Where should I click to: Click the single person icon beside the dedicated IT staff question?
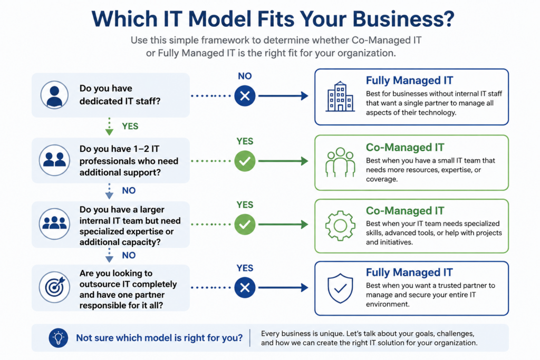[x=54, y=95]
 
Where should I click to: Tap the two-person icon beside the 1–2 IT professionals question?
[x=54, y=160]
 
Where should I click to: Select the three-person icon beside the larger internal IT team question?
[x=54, y=223]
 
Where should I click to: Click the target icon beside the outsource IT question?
[x=54, y=287]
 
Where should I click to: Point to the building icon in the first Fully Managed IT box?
[x=340, y=96]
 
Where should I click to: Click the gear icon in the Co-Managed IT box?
[x=340, y=226]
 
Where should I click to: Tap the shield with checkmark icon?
[x=340, y=288]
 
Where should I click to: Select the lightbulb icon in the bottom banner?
[x=58, y=338]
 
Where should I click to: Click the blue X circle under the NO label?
[x=245, y=96]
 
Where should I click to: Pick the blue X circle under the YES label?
[x=245, y=287]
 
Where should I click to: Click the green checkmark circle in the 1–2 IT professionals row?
[x=245, y=161]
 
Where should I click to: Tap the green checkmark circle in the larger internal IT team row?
[x=245, y=225]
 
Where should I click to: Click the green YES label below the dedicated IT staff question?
[x=130, y=127]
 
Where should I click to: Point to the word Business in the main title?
[x=403, y=19]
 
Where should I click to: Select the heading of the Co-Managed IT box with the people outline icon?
[x=405, y=147]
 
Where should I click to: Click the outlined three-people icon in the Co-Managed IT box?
[x=340, y=162]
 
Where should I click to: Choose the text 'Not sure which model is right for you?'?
[x=159, y=338]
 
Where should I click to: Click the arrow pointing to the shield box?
[x=283, y=287]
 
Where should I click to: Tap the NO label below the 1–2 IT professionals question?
[x=129, y=191]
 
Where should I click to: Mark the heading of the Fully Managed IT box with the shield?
[x=409, y=272]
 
